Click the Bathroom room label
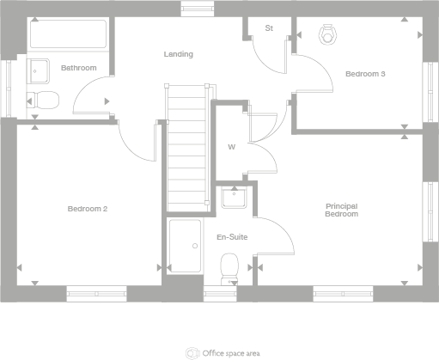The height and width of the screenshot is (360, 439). click(x=78, y=67)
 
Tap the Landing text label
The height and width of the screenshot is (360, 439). click(x=179, y=54)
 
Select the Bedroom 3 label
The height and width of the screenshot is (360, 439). click(x=365, y=74)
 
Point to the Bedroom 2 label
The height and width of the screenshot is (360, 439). click(x=88, y=208)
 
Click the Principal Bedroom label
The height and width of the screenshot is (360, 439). click(x=341, y=210)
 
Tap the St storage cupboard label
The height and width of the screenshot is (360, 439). click(x=268, y=28)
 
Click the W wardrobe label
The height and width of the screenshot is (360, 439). click(x=230, y=147)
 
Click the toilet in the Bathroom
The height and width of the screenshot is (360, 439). click(x=41, y=100)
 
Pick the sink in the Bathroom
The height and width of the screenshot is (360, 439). click(x=39, y=70)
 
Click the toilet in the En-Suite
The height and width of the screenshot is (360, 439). click(x=229, y=268)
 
